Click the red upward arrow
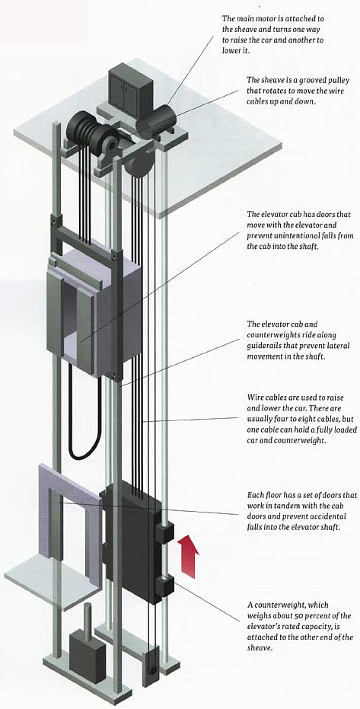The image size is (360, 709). [187, 555]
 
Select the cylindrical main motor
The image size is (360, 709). [156, 119]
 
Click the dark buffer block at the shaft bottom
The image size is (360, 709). [88, 656]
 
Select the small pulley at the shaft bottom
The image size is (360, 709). [151, 664]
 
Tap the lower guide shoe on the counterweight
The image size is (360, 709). [165, 586]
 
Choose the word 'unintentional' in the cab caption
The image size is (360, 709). [286, 236]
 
